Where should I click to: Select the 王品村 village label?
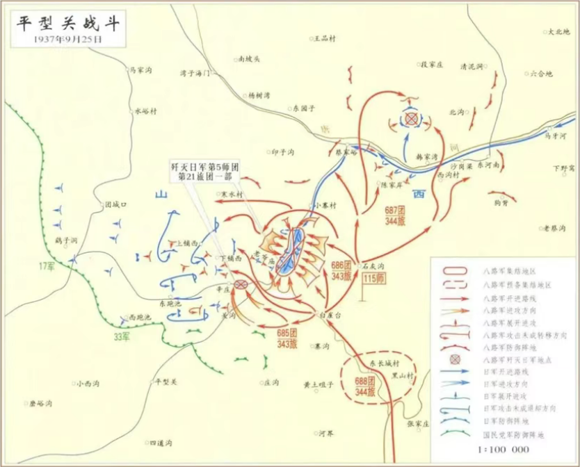pyautogui.click(x=324, y=38)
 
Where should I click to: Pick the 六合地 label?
pyautogui.click(x=540, y=72)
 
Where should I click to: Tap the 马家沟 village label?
pyautogui.click(x=140, y=69)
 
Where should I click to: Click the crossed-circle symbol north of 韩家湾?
pyautogui.click(x=412, y=119)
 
